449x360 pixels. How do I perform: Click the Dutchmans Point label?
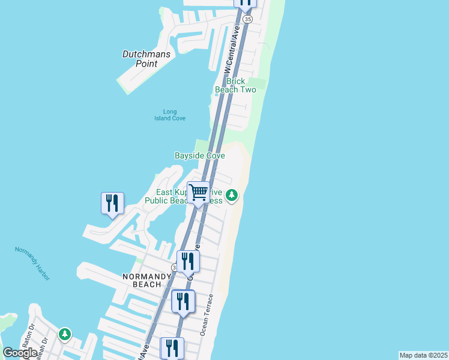(x=146, y=59)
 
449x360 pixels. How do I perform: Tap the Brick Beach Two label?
(x=236, y=85)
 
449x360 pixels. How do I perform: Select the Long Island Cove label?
(x=170, y=115)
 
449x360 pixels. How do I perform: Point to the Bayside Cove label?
(x=200, y=155)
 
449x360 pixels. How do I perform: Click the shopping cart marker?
(x=198, y=193)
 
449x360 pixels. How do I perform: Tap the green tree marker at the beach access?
(x=232, y=195)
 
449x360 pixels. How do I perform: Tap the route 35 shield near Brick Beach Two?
(x=248, y=19)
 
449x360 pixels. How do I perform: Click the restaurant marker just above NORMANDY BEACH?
(x=188, y=262)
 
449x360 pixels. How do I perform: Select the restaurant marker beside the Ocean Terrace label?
(x=183, y=301)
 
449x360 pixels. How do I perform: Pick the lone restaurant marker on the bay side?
(x=112, y=203)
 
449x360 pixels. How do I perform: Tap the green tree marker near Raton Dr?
(x=65, y=334)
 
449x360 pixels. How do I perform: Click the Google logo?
(x=20, y=353)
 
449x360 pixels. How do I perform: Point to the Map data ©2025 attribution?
(x=424, y=355)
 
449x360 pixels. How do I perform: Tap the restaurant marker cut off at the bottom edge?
(x=172, y=348)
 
